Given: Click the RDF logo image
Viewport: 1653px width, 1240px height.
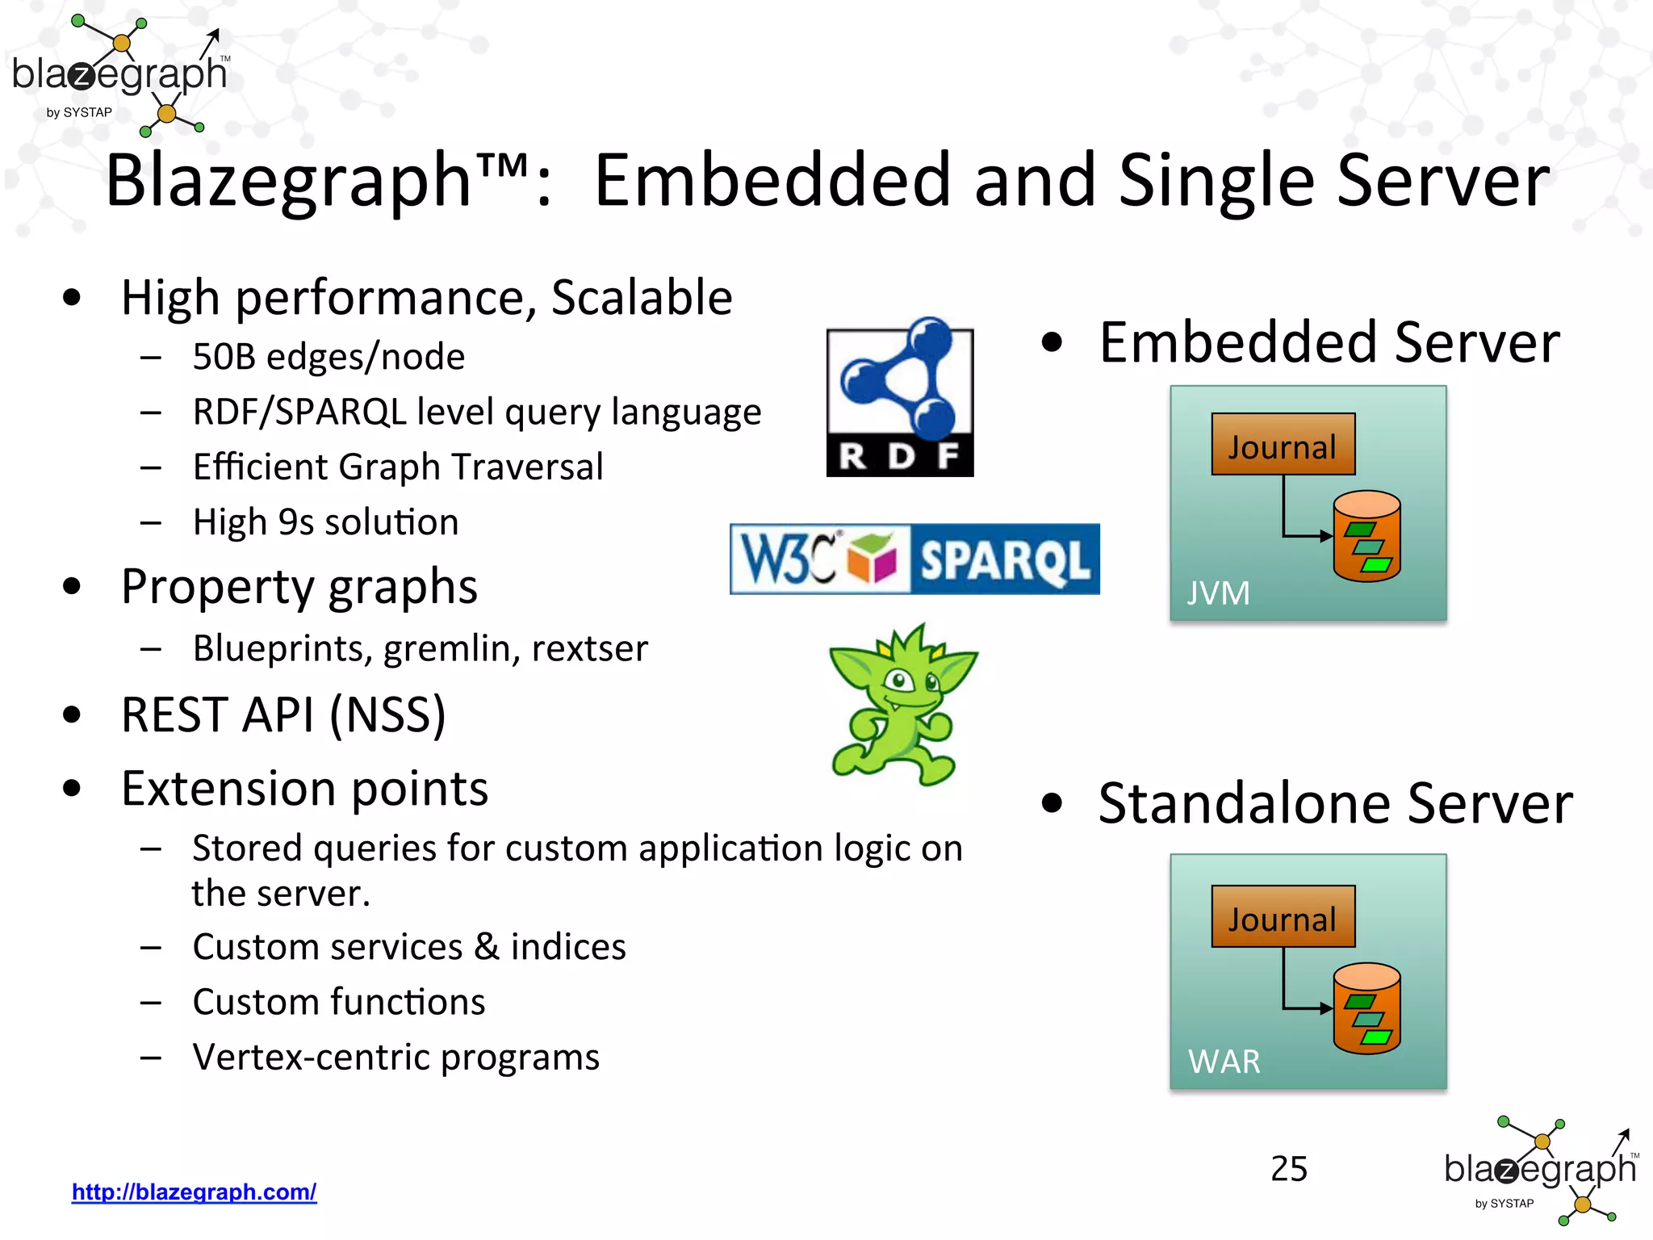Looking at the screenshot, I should click(x=900, y=397).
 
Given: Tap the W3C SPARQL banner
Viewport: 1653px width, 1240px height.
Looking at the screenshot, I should click(x=914, y=559).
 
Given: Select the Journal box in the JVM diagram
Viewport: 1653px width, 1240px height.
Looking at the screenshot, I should click(x=1283, y=445).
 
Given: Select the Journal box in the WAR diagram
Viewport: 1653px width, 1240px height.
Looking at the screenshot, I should click(x=1283, y=917).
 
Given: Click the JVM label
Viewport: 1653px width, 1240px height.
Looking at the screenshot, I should click(x=1218, y=593).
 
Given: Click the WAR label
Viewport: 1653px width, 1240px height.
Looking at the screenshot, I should click(x=1224, y=1062).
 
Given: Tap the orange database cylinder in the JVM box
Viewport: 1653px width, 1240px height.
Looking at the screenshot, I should click(x=1366, y=537).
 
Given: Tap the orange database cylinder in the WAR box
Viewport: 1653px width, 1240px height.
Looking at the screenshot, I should click(x=1366, y=1009).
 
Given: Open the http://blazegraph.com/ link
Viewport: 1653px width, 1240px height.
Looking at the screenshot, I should click(x=194, y=1192).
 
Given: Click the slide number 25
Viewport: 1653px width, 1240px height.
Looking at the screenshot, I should click(x=1289, y=1168).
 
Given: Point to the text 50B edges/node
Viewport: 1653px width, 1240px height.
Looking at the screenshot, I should click(x=329, y=357).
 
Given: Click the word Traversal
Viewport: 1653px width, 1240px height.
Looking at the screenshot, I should click(x=528, y=467).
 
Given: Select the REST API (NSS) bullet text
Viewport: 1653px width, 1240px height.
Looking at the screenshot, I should click(x=283, y=715).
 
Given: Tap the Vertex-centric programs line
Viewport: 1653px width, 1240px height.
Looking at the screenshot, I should click(x=395, y=1057).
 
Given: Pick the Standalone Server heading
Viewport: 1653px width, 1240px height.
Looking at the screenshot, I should click(x=1335, y=803).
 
